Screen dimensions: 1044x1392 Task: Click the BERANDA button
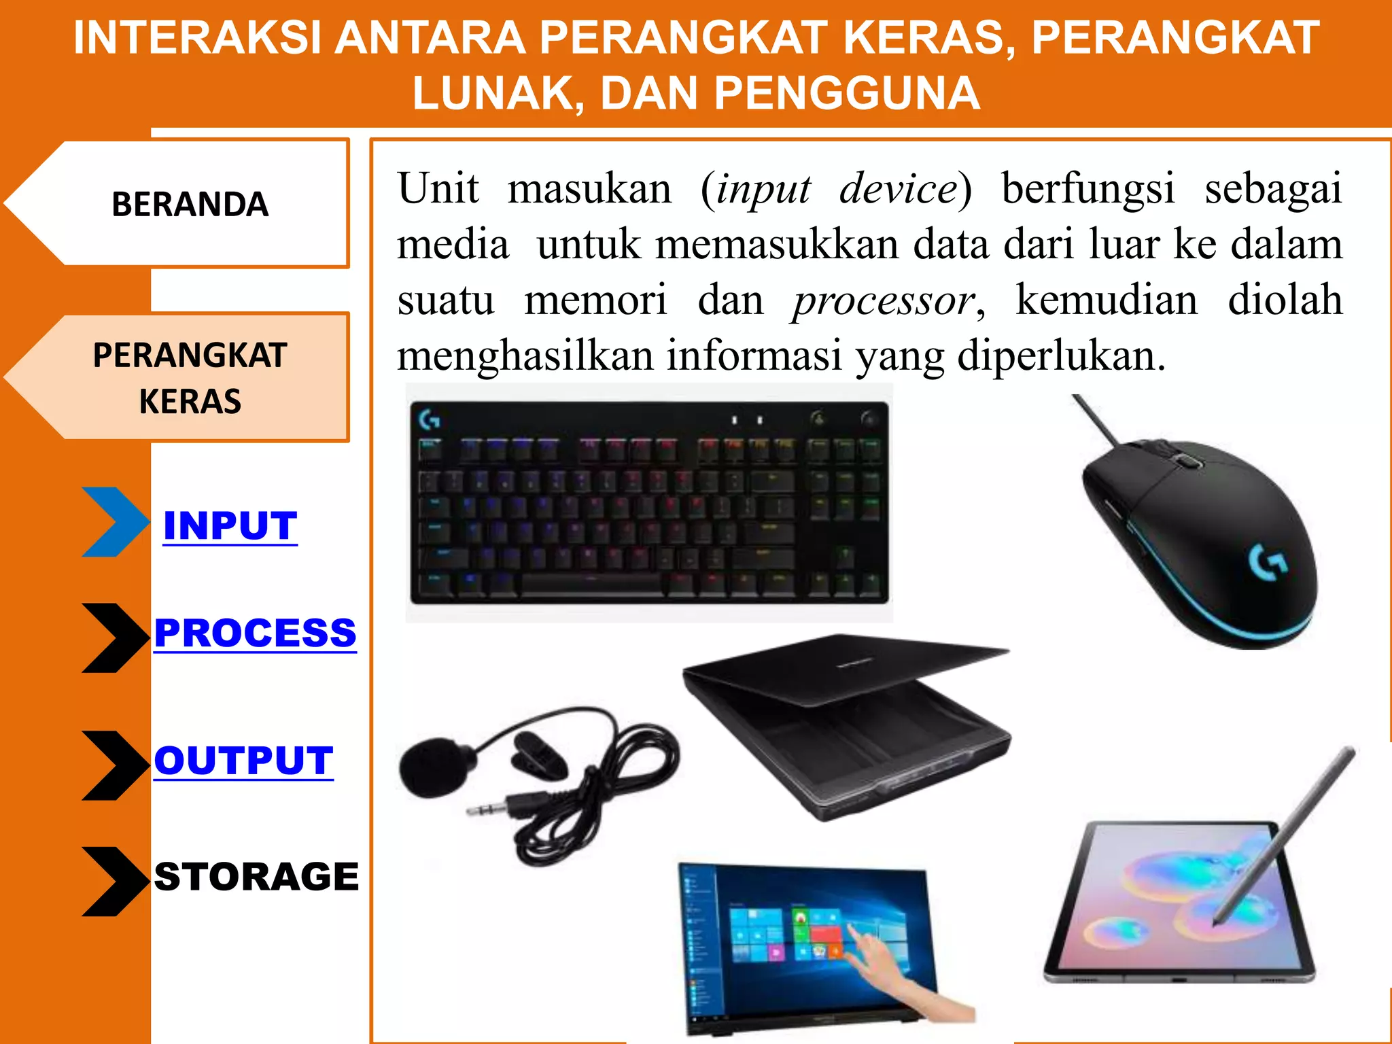190,204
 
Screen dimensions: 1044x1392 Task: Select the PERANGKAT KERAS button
190,377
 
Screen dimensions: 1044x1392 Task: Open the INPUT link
230,525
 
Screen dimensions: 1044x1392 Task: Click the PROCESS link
255,633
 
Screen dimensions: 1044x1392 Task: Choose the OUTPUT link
243,760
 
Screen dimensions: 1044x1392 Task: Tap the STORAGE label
256,876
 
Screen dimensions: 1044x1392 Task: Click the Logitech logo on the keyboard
430,420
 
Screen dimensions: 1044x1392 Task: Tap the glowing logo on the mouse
1268,563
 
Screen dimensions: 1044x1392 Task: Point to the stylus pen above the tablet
1285,836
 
